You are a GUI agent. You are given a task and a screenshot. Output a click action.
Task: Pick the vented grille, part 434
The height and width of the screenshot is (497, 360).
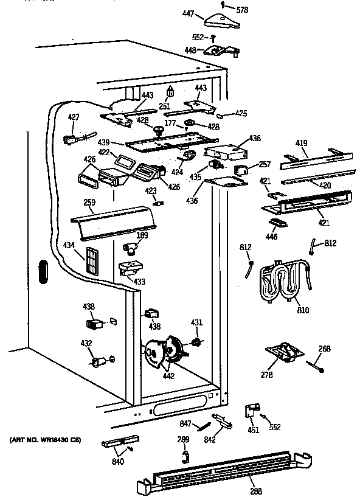tap(92, 261)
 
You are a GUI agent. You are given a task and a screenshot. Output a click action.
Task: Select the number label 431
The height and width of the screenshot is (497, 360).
tap(196, 322)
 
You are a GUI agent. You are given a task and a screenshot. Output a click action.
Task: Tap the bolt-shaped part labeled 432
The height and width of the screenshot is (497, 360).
tap(99, 363)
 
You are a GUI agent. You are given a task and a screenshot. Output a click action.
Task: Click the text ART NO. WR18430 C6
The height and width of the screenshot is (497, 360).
tap(46, 439)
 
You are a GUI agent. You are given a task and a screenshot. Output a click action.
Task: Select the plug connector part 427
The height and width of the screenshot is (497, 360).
tap(71, 140)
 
